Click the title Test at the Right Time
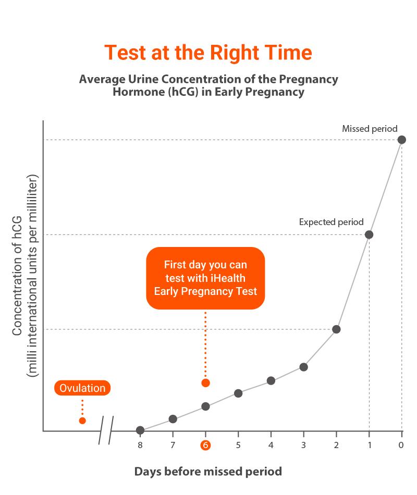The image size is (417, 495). coord(208,53)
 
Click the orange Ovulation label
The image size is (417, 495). coord(82,388)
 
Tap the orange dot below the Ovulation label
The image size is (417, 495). coord(82,420)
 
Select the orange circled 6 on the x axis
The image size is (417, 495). coord(205,445)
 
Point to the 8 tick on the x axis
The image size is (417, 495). coord(140,445)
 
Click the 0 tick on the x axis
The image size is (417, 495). coord(401,445)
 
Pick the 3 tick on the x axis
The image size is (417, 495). coord(303,445)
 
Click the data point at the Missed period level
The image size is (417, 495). coord(401,140)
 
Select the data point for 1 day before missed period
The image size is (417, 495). coord(369,234)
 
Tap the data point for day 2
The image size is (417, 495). coord(336,329)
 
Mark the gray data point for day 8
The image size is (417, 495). coord(140,430)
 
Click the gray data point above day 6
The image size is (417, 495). coord(205,406)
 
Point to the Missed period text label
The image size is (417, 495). coord(370,129)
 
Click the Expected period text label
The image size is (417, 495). coord(331,222)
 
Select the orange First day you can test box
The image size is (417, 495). coord(205,278)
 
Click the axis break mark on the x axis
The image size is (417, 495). coord(106,430)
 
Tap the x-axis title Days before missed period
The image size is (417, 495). coord(208,472)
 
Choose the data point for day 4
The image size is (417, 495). coord(271,381)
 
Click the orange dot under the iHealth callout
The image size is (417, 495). coord(205,383)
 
